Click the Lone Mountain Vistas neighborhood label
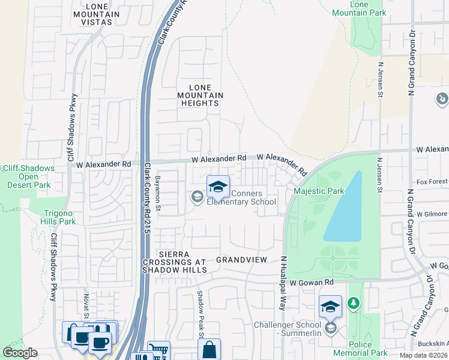click(x=92, y=14)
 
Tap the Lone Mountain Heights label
click(x=200, y=95)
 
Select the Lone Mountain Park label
click(x=367, y=8)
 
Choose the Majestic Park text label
click(x=319, y=191)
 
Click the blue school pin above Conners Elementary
click(x=218, y=186)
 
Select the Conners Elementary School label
click(x=241, y=197)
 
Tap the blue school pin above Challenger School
click(x=330, y=307)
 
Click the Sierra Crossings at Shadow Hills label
click(x=174, y=262)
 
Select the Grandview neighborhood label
click(x=241, y=260)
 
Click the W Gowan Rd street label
click(x=311, y=281)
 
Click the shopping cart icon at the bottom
click(x=158, y=350)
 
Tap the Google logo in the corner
click(x=20, y=353)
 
